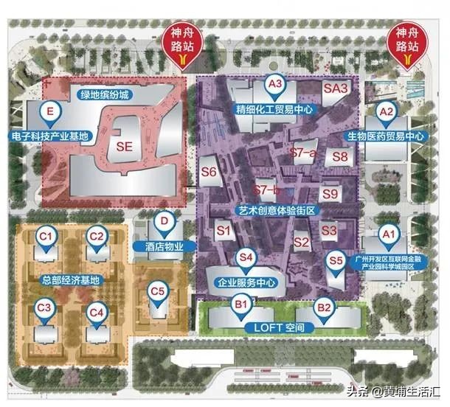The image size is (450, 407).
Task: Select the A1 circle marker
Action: point(387,234)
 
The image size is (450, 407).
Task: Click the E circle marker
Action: point(50,112)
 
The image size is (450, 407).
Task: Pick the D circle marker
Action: point(165,220)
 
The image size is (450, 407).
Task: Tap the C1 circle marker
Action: point(46,236)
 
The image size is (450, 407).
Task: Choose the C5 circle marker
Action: point(157,291)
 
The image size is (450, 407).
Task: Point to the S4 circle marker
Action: point(246,257)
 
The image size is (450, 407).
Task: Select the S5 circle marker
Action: point(336,260)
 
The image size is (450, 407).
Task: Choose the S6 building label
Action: point(210,173)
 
